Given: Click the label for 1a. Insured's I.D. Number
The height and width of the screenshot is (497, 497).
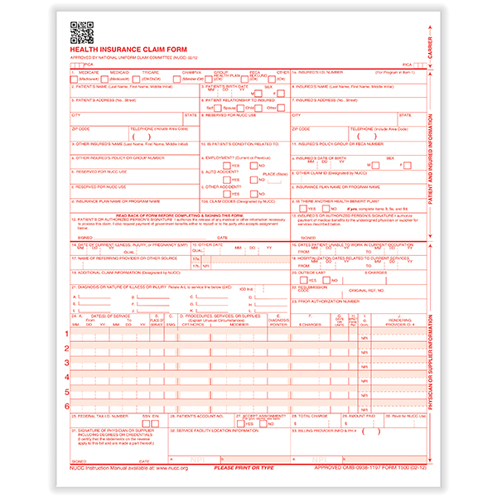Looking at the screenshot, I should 315,72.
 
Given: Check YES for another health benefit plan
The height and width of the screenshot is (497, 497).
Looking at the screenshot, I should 302,209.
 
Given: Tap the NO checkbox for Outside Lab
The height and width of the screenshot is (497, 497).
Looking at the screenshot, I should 326,280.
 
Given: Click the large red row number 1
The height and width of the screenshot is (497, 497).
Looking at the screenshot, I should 67,333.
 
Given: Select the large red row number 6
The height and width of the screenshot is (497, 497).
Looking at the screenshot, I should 67,406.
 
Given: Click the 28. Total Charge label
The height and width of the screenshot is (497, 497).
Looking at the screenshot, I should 312,415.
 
